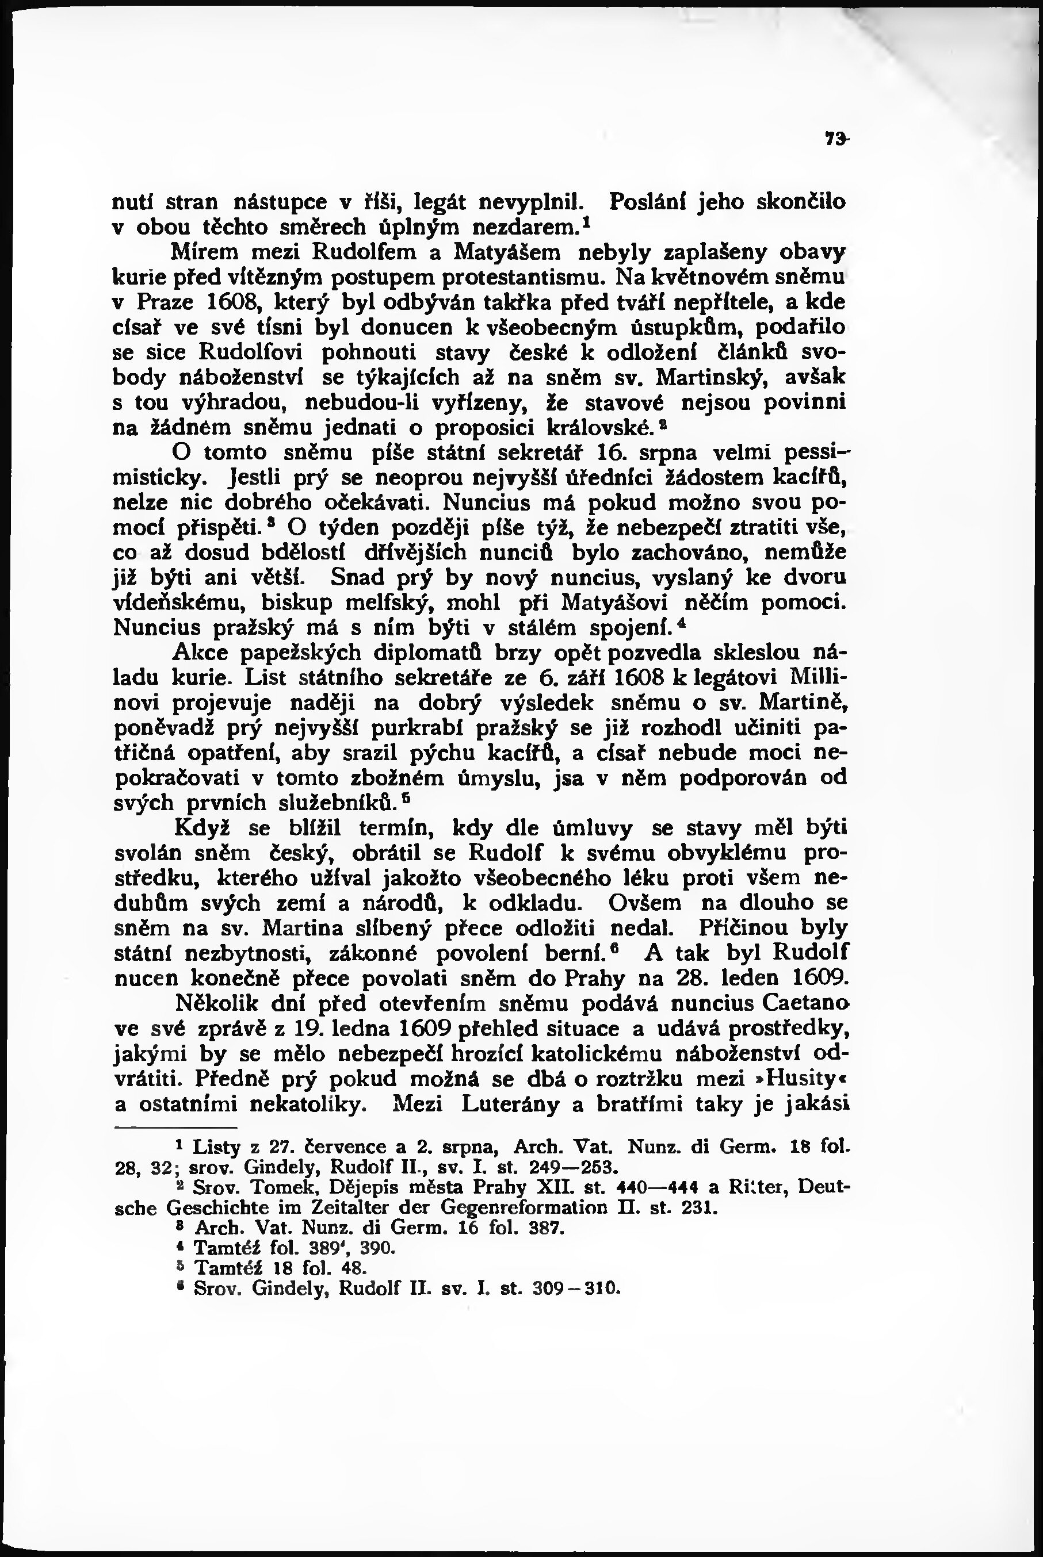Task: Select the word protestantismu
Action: click(x=509, y=277)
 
